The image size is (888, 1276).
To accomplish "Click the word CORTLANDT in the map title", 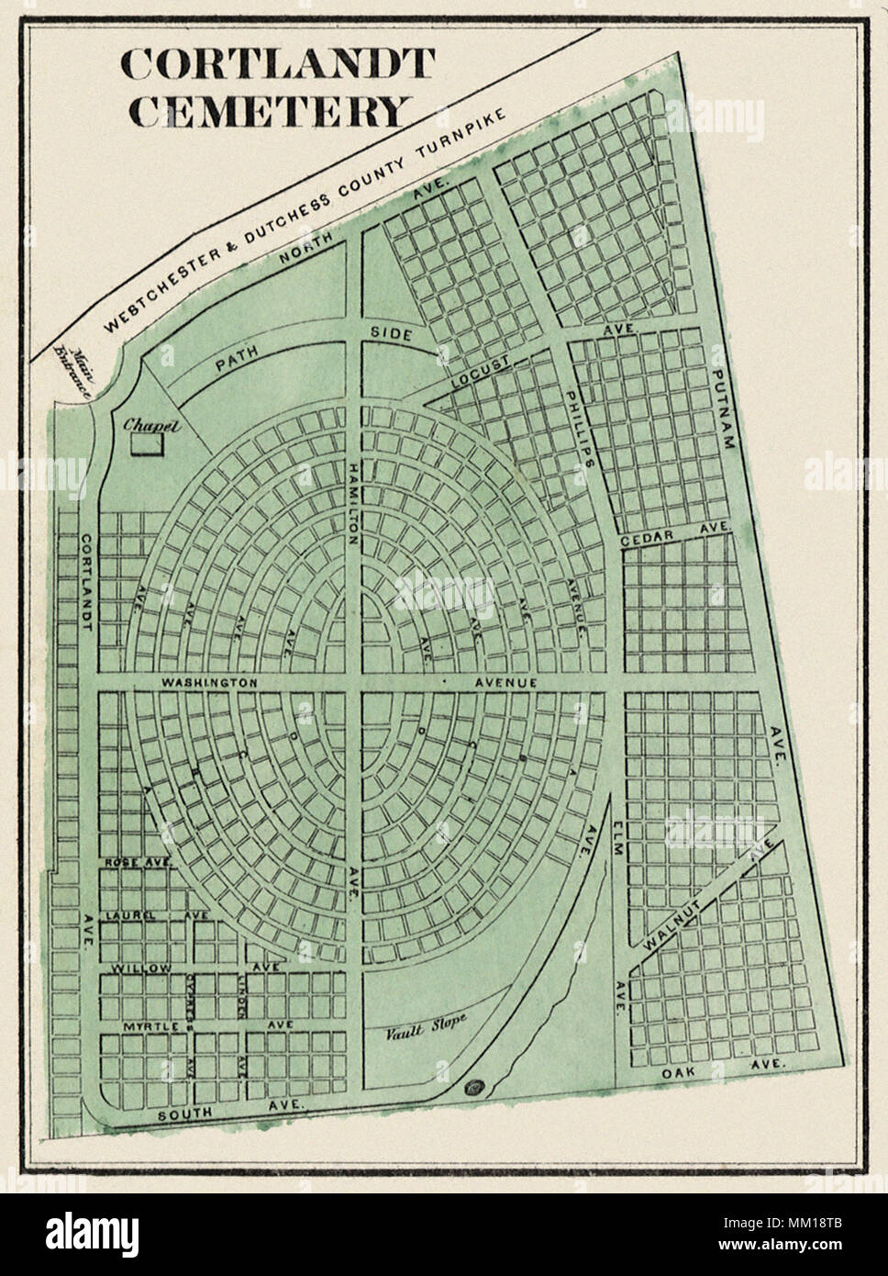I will pyautogui.click(x=277, y=63).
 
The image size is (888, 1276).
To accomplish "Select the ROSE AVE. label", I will pyautogui.click(x=139, y=863).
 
